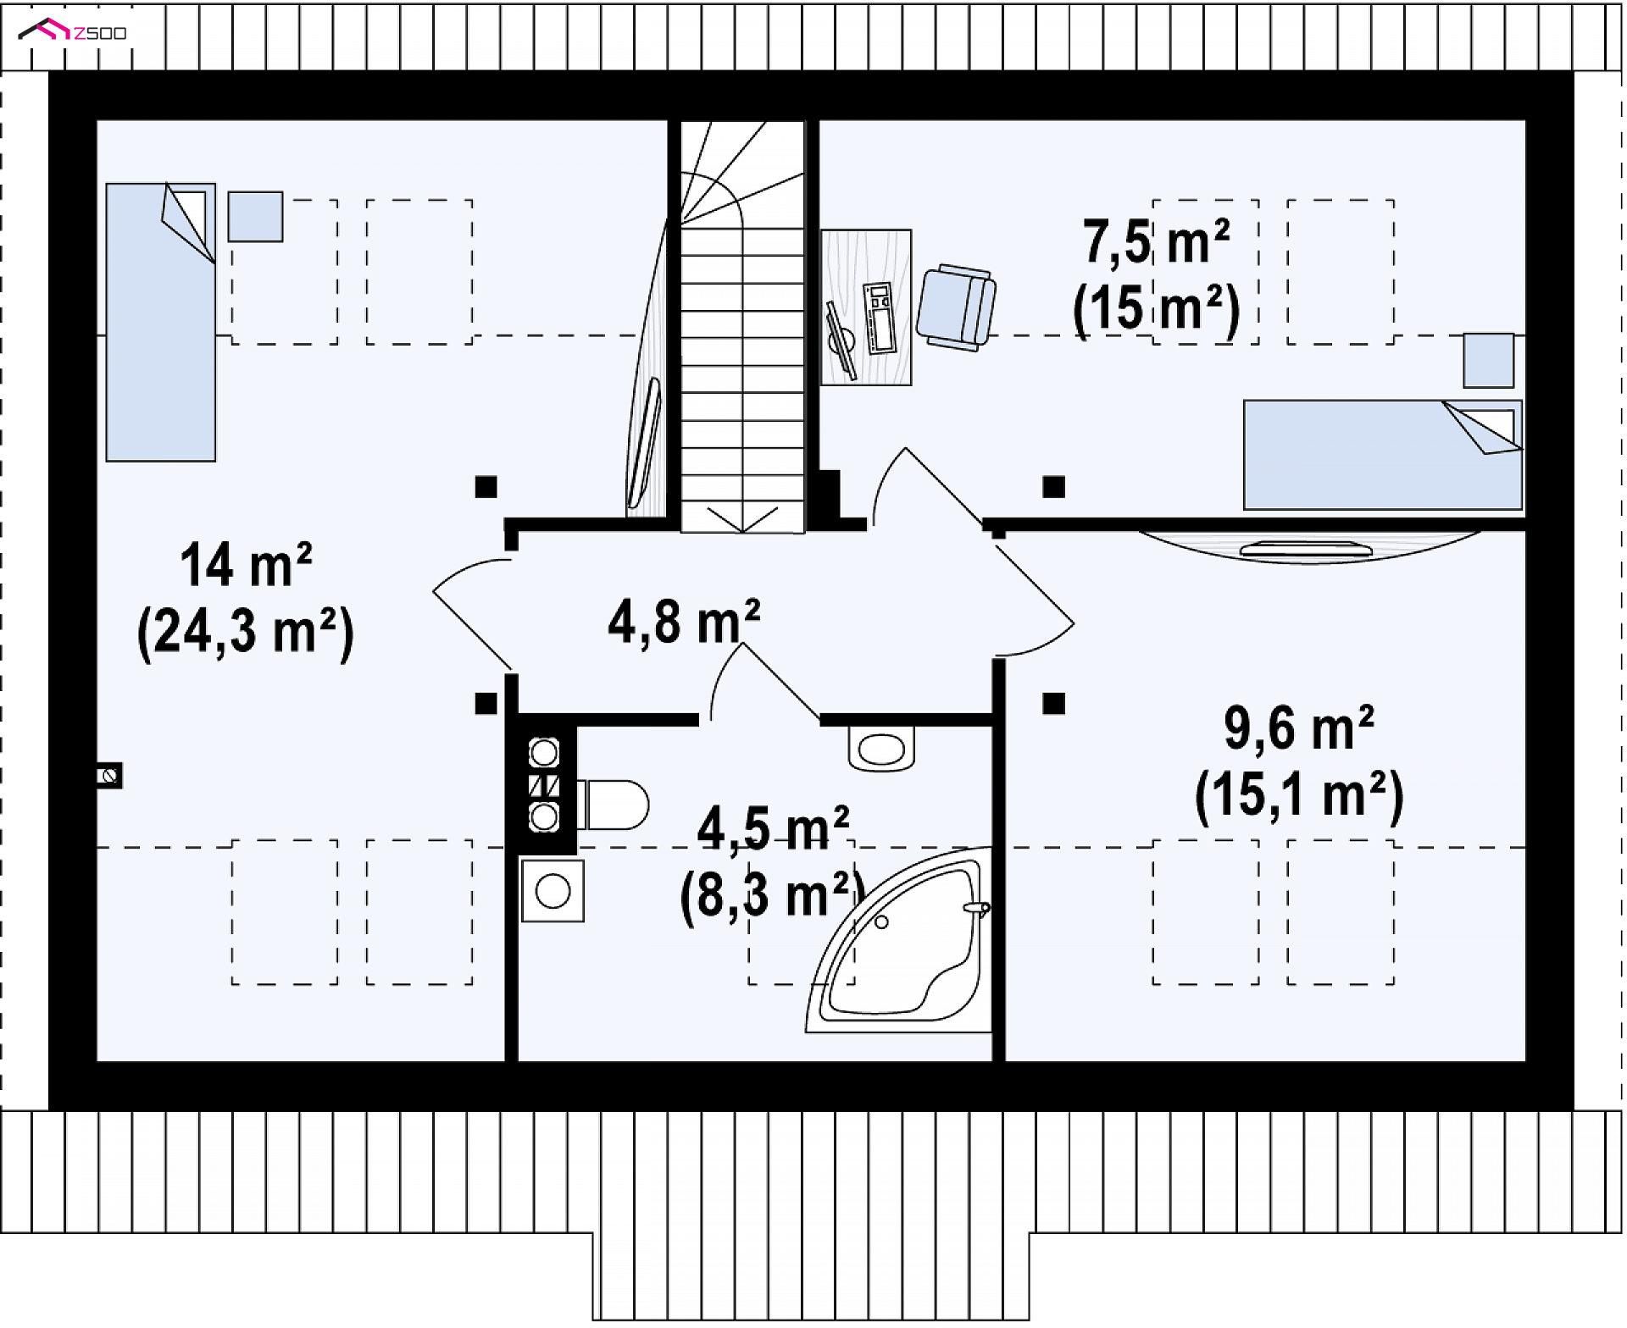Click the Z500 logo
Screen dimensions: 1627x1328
(73, 31)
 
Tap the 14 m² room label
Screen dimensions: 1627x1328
(246, 566)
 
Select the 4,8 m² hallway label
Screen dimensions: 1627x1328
(684, 622)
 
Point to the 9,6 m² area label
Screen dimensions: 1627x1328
(1299, 728)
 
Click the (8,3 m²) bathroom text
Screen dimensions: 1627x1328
(772, 896)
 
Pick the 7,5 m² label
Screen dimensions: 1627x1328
(1156, 242)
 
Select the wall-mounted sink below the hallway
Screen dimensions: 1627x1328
(881, 749)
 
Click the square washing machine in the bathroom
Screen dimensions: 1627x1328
(553, 891)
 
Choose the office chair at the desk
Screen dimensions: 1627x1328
(956, 307)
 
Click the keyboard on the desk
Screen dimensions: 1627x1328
(879, 318)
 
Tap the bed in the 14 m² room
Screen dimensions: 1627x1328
(161, 322)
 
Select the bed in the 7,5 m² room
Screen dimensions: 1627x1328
(1383, 455)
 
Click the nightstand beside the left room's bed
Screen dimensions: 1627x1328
(255, 217)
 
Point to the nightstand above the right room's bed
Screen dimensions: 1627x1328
(1489, 360)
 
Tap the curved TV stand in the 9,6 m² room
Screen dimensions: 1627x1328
(1309, 547)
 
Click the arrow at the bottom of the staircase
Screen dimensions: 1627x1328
(742, 519)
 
